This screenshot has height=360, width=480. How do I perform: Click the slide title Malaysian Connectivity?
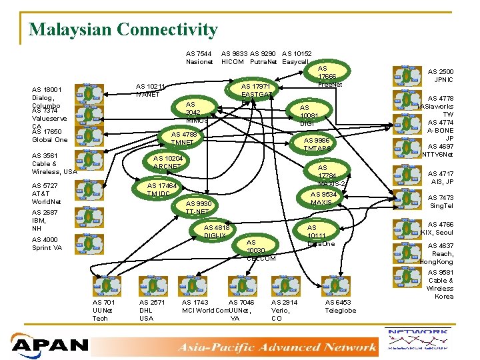[x=123, y=30]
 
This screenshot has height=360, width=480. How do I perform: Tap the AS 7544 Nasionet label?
[x=199, y=58]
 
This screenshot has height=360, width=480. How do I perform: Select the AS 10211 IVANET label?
[x=150, y=90]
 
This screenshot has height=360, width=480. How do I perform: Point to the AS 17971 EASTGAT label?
[x=255, y=91]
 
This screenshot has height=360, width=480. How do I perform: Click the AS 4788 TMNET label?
[x=183, y=138]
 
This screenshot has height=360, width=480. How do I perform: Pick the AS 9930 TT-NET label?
[x=198, y=207]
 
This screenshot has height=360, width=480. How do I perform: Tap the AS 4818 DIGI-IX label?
[x=215, y=231]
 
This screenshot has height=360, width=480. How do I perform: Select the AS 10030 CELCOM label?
[x=261, y=251]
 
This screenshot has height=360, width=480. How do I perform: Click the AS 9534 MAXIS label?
[x=324, y=198]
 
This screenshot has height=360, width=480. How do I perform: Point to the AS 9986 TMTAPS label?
[x=317, y=145]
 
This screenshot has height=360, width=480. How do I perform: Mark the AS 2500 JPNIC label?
[x=440, y=75]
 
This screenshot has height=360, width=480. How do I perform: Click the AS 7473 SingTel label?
[x=441, y=202]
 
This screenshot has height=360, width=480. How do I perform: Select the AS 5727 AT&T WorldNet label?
[x=47, y=193]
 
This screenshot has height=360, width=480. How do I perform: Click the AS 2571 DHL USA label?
[x=151, y=310]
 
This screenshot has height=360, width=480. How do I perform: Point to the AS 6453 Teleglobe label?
[x=340, y=307]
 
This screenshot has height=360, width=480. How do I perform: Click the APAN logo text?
[x=51, y=345]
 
